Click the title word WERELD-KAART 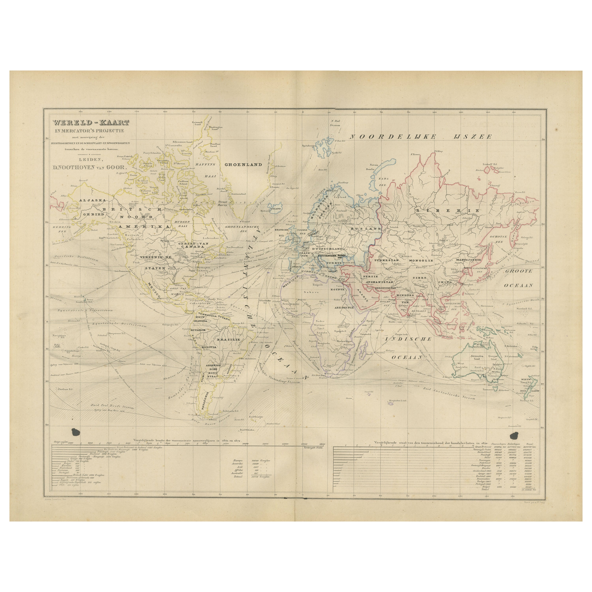click(x=91, y=123)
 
